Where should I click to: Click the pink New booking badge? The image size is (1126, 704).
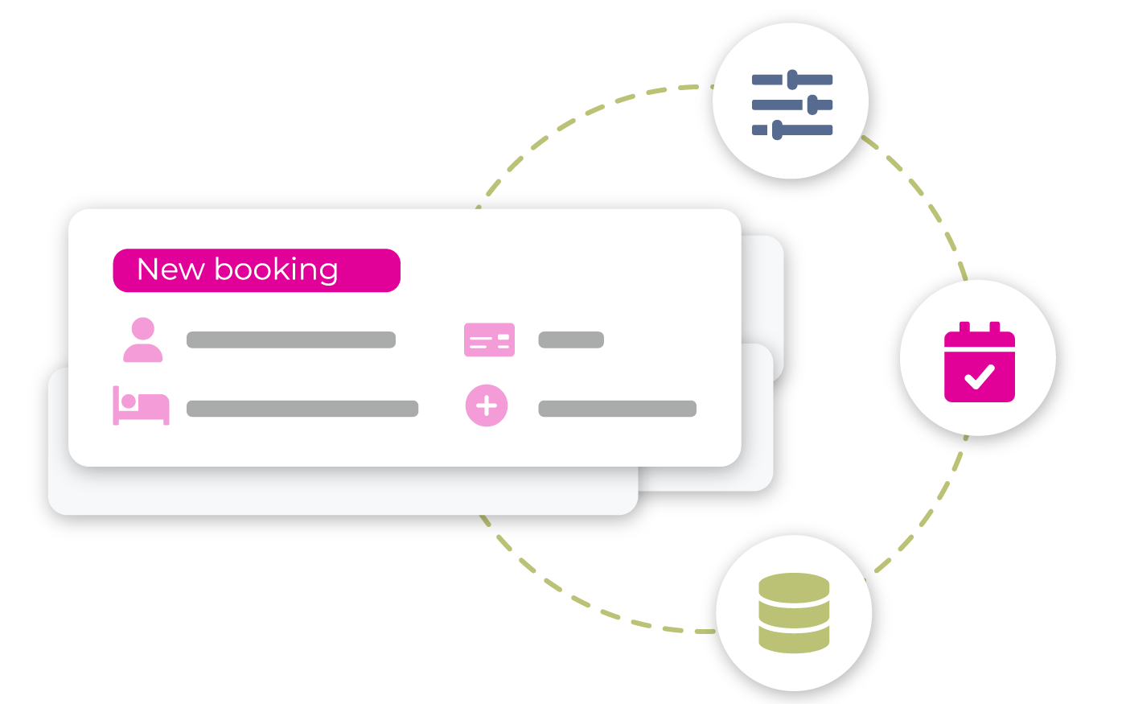[257, 270]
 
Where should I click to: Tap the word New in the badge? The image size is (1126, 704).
[171, 270]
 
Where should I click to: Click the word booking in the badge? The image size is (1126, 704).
[276, 270]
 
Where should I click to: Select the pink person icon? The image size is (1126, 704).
[143, 340]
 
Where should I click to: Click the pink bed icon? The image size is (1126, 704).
[141, 406]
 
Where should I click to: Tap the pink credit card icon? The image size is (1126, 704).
[489, 340]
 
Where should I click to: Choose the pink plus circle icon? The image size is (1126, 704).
[487, 406]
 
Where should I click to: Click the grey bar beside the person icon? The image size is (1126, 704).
[291, 340]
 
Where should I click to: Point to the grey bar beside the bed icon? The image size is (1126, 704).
[302, 409]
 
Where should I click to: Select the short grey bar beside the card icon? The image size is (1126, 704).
[571, 340]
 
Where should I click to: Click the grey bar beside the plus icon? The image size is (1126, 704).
[617, 409]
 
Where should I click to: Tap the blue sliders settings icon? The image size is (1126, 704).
[792, 104]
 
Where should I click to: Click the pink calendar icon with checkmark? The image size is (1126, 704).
[979, 362]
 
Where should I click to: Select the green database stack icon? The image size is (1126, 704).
[794, 612]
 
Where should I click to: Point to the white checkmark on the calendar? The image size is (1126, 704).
[980, 376]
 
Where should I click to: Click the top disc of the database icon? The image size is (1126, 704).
[794, 586]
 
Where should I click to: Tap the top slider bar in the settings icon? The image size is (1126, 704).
[792, 80]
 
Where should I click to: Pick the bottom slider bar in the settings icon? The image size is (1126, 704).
[792, 130]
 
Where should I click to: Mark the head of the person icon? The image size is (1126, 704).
[143, 328]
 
